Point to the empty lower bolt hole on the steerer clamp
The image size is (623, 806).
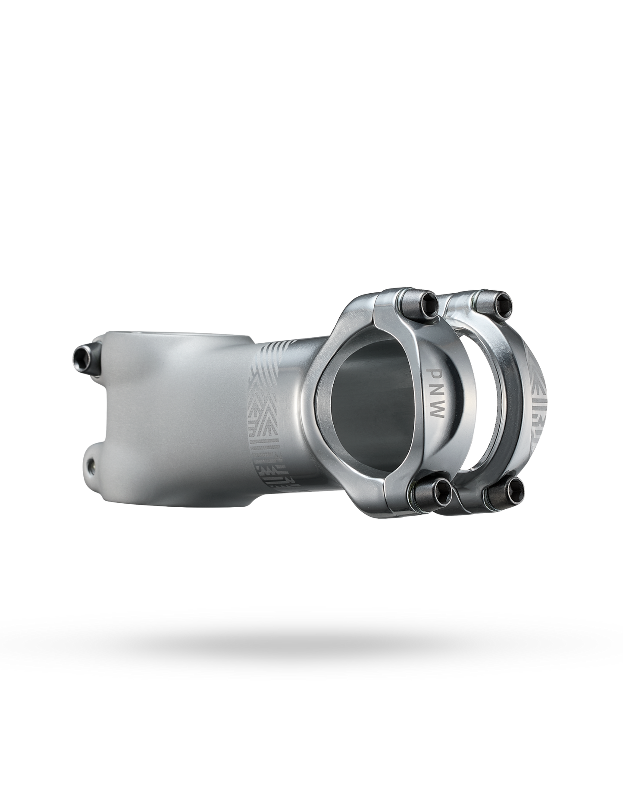[90, 465]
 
